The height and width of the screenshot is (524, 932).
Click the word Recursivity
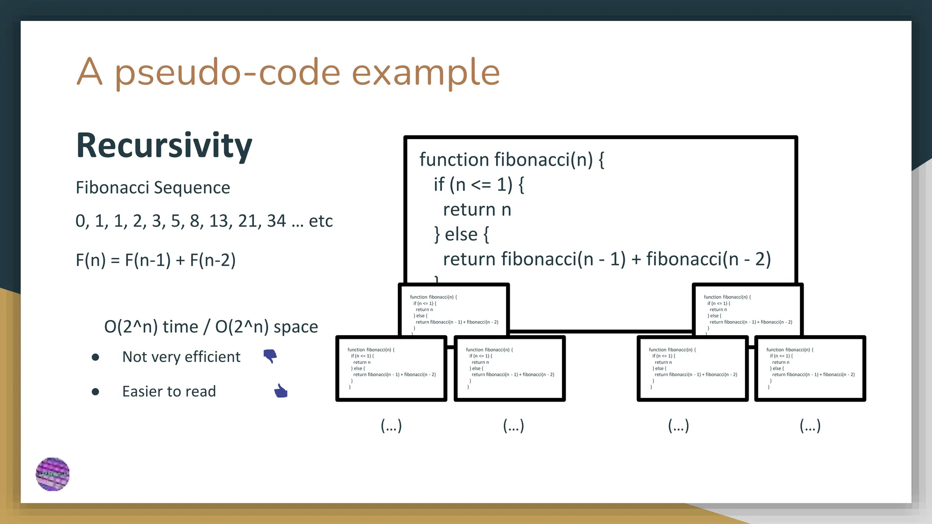[164, 146]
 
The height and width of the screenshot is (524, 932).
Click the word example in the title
[425, 73]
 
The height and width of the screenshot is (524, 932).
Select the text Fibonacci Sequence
[152, 187]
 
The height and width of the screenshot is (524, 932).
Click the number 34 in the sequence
[276, 221]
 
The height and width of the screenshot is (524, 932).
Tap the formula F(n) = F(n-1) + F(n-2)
[155, 260]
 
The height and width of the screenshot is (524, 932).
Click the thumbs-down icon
[270, 356]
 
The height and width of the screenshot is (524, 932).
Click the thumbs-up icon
[281, 391]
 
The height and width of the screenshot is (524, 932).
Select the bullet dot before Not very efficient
[95, 357]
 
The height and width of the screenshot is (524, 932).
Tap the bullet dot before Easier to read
[95, 392]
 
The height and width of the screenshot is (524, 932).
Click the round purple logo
[53, 474]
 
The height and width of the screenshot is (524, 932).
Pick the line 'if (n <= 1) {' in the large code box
[478, 185]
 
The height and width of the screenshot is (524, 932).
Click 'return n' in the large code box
[477, 210]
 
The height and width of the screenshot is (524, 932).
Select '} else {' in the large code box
[461, 234]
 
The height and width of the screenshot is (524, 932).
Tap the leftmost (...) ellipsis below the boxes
[391, 425]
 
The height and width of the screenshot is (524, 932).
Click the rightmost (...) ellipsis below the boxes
[810, 425]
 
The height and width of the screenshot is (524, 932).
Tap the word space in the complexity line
[295, 327]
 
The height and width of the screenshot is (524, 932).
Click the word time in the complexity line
[180, 327]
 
